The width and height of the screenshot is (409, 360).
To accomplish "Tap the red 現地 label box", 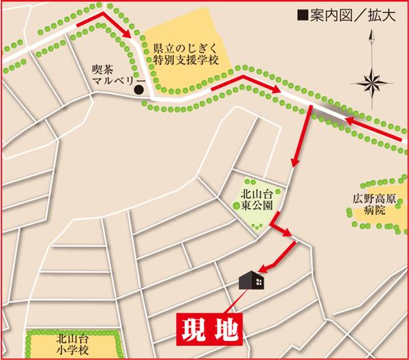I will tap(210, 328).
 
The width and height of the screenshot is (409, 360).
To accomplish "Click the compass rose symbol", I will tap(374, 84).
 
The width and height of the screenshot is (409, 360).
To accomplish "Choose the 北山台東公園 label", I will tap(256, 198).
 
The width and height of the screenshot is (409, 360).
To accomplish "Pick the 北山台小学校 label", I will tap(74, 342).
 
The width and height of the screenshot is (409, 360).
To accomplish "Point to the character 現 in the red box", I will tap(194, 328).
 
